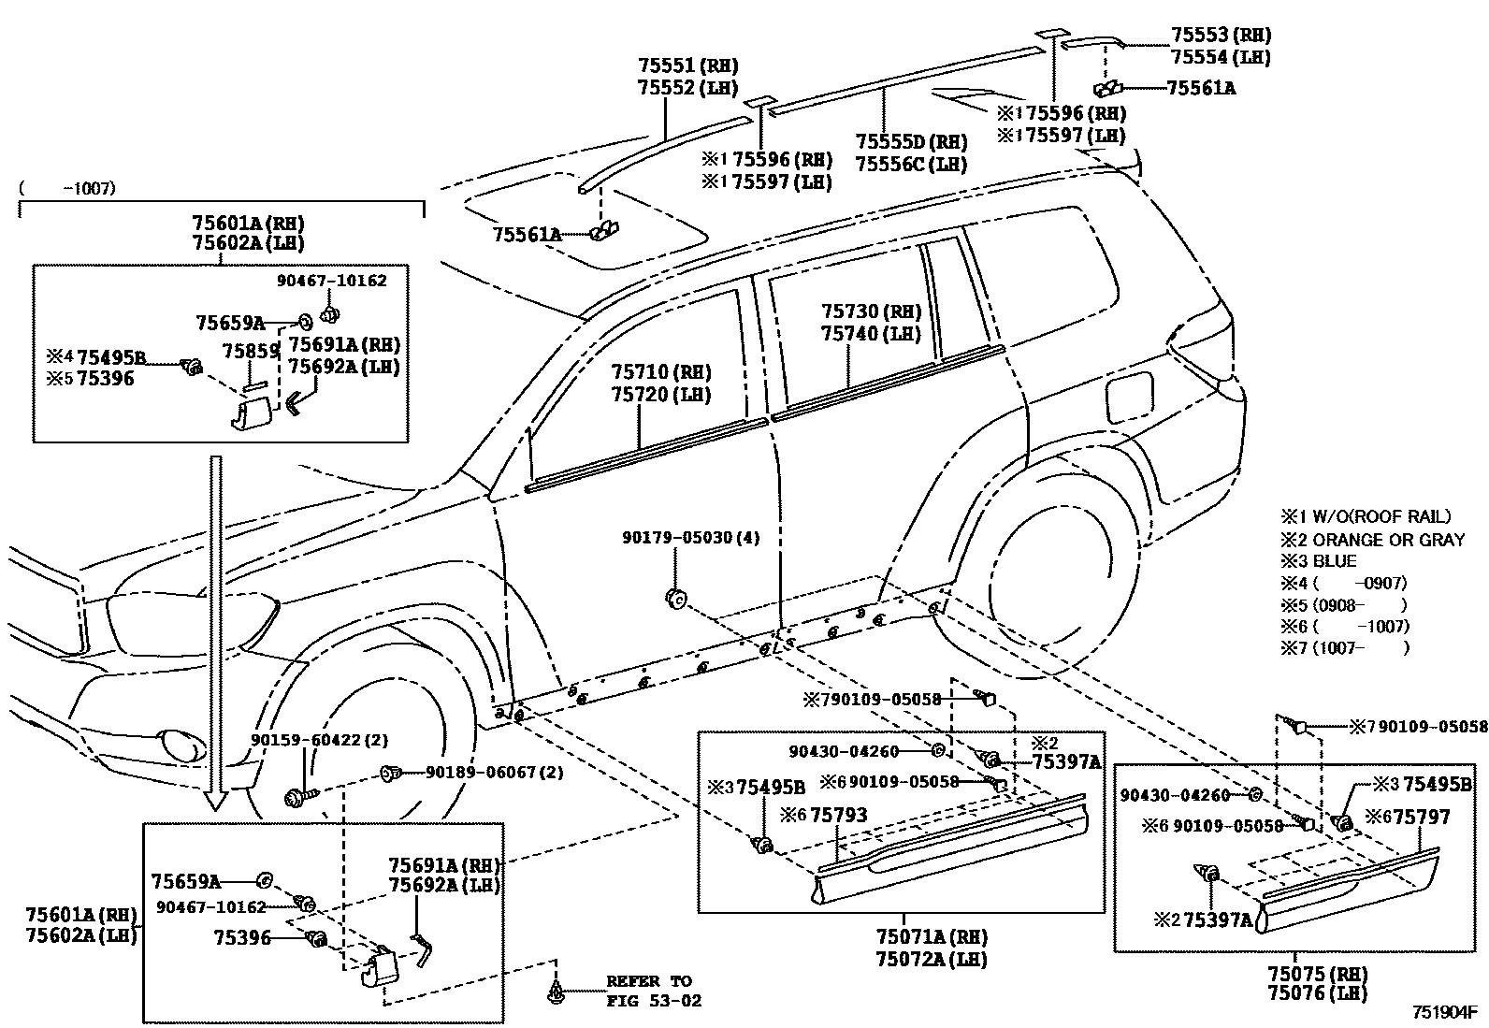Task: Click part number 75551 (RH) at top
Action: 687,65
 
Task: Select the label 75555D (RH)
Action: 910,142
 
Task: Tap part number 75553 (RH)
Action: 1221,36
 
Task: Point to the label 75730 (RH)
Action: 871,312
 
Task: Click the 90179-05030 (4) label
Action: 691,538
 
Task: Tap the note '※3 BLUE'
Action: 1319,561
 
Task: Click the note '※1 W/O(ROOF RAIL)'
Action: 1366,516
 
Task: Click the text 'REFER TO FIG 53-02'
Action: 654,991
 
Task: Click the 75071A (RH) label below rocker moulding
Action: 932,937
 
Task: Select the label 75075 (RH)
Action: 1316,975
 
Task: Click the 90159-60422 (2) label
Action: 318,740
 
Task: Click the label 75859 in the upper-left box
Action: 251,351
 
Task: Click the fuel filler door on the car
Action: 1130,397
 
